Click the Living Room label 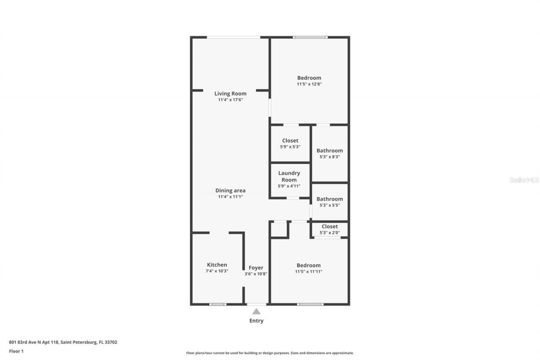230,94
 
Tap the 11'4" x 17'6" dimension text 230,100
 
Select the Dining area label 230,190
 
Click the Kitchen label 217,265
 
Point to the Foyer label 256,268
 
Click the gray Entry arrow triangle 256,311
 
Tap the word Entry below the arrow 256,321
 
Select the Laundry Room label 289,176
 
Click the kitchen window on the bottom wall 218,304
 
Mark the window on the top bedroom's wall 310,38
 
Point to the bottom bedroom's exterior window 310,304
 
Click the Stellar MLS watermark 524,180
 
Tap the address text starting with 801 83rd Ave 63,342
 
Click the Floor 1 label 16,351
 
